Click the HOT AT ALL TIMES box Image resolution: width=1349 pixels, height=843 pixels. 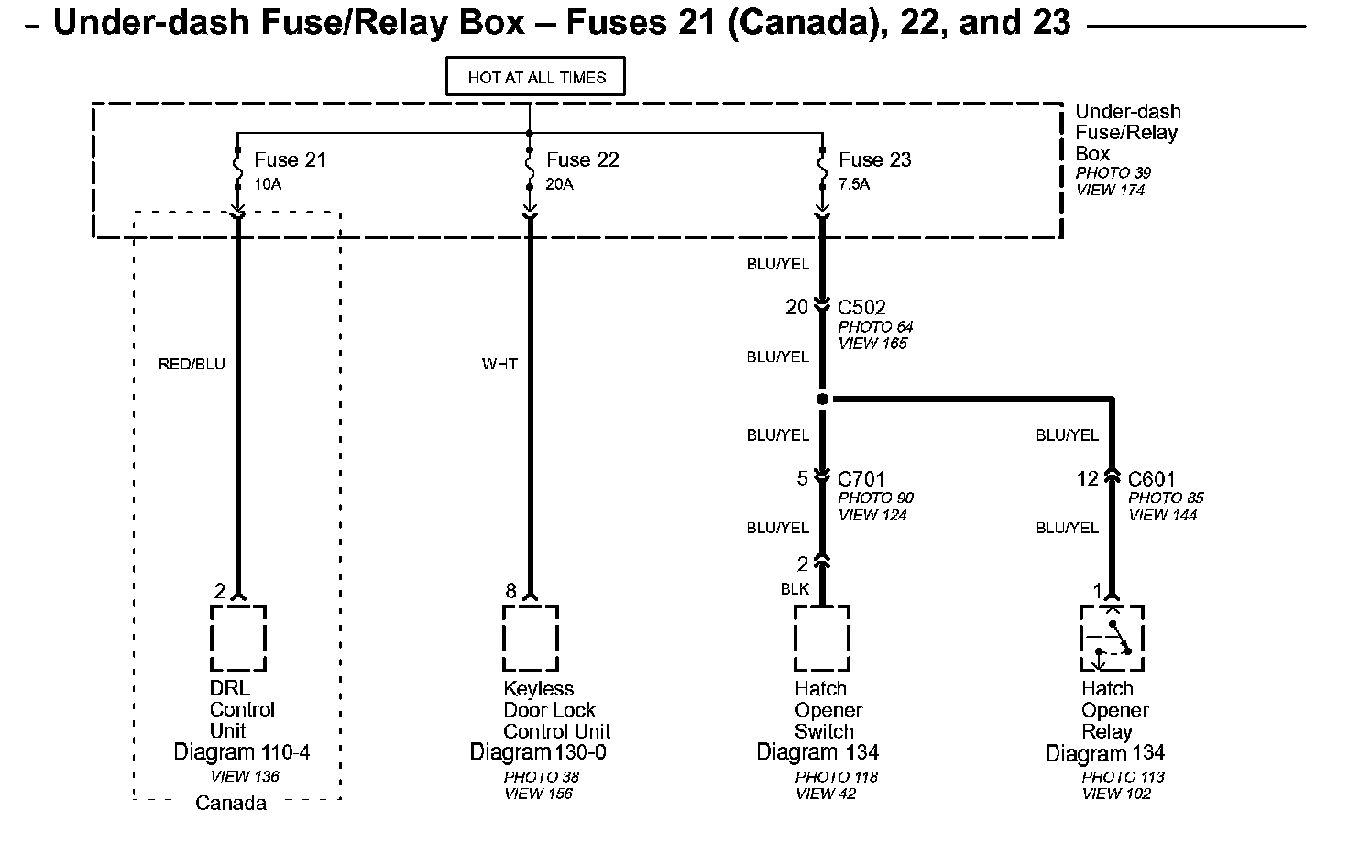pos(535,77)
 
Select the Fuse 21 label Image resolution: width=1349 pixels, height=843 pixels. pos(290,160)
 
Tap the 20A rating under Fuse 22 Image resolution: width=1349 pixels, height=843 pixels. pos(559,184)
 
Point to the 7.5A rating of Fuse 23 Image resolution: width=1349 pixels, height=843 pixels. pos(853,184)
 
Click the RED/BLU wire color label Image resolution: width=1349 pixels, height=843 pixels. pos(192,364)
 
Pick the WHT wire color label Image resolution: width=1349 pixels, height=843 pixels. pos(499,364)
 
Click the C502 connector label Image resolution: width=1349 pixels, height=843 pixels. pos(861,308)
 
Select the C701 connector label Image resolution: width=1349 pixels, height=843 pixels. pos(861,479)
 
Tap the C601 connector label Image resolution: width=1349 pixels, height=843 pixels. pos(1151,479)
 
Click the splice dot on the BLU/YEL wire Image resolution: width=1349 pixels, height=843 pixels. pos(823,399)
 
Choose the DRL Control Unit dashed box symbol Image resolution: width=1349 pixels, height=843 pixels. pos(238,638)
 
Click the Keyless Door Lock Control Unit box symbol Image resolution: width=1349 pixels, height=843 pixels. pos(531,638)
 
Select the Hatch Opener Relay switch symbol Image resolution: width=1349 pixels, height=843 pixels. pos(1112,638)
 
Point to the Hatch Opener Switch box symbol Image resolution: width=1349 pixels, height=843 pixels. pos(822,638)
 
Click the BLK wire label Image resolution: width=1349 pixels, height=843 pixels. pos(795,589)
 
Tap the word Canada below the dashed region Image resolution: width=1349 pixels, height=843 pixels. pos(231,804)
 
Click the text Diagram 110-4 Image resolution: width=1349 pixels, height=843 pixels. pos(242,753)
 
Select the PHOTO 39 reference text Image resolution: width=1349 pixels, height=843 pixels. pos(1113,173)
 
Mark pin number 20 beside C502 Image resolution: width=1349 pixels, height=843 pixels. pos(796,308)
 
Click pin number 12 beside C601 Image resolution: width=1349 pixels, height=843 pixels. pos(1087,479)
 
